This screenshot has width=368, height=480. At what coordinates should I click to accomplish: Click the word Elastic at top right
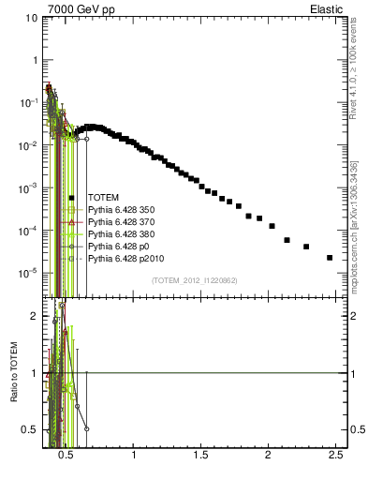tap(326, 8)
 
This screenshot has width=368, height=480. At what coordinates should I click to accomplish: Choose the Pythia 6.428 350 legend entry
tap(121, 210)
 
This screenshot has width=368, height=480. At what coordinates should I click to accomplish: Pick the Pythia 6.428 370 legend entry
tap(121, 222)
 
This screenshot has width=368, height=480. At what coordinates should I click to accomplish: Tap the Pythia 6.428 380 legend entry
tap(121, 234)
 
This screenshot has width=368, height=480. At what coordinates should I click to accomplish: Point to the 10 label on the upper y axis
tap(31, 18)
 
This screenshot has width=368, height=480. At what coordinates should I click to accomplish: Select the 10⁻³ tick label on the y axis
tap(29, 188)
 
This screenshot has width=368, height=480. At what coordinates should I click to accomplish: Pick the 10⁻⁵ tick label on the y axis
tap(29, 274)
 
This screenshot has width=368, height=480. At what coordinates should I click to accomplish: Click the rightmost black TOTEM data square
tap(330, 258)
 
